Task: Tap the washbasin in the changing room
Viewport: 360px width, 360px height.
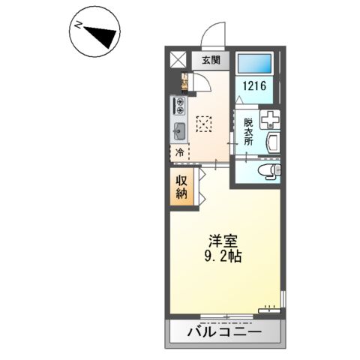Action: (271, 143)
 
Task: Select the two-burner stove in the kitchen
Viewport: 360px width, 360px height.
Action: (179, 106)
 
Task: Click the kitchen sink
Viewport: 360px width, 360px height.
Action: (179, 132)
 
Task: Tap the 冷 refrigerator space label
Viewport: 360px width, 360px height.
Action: (180, 153)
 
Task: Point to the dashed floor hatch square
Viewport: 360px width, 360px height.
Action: (204, 124)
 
